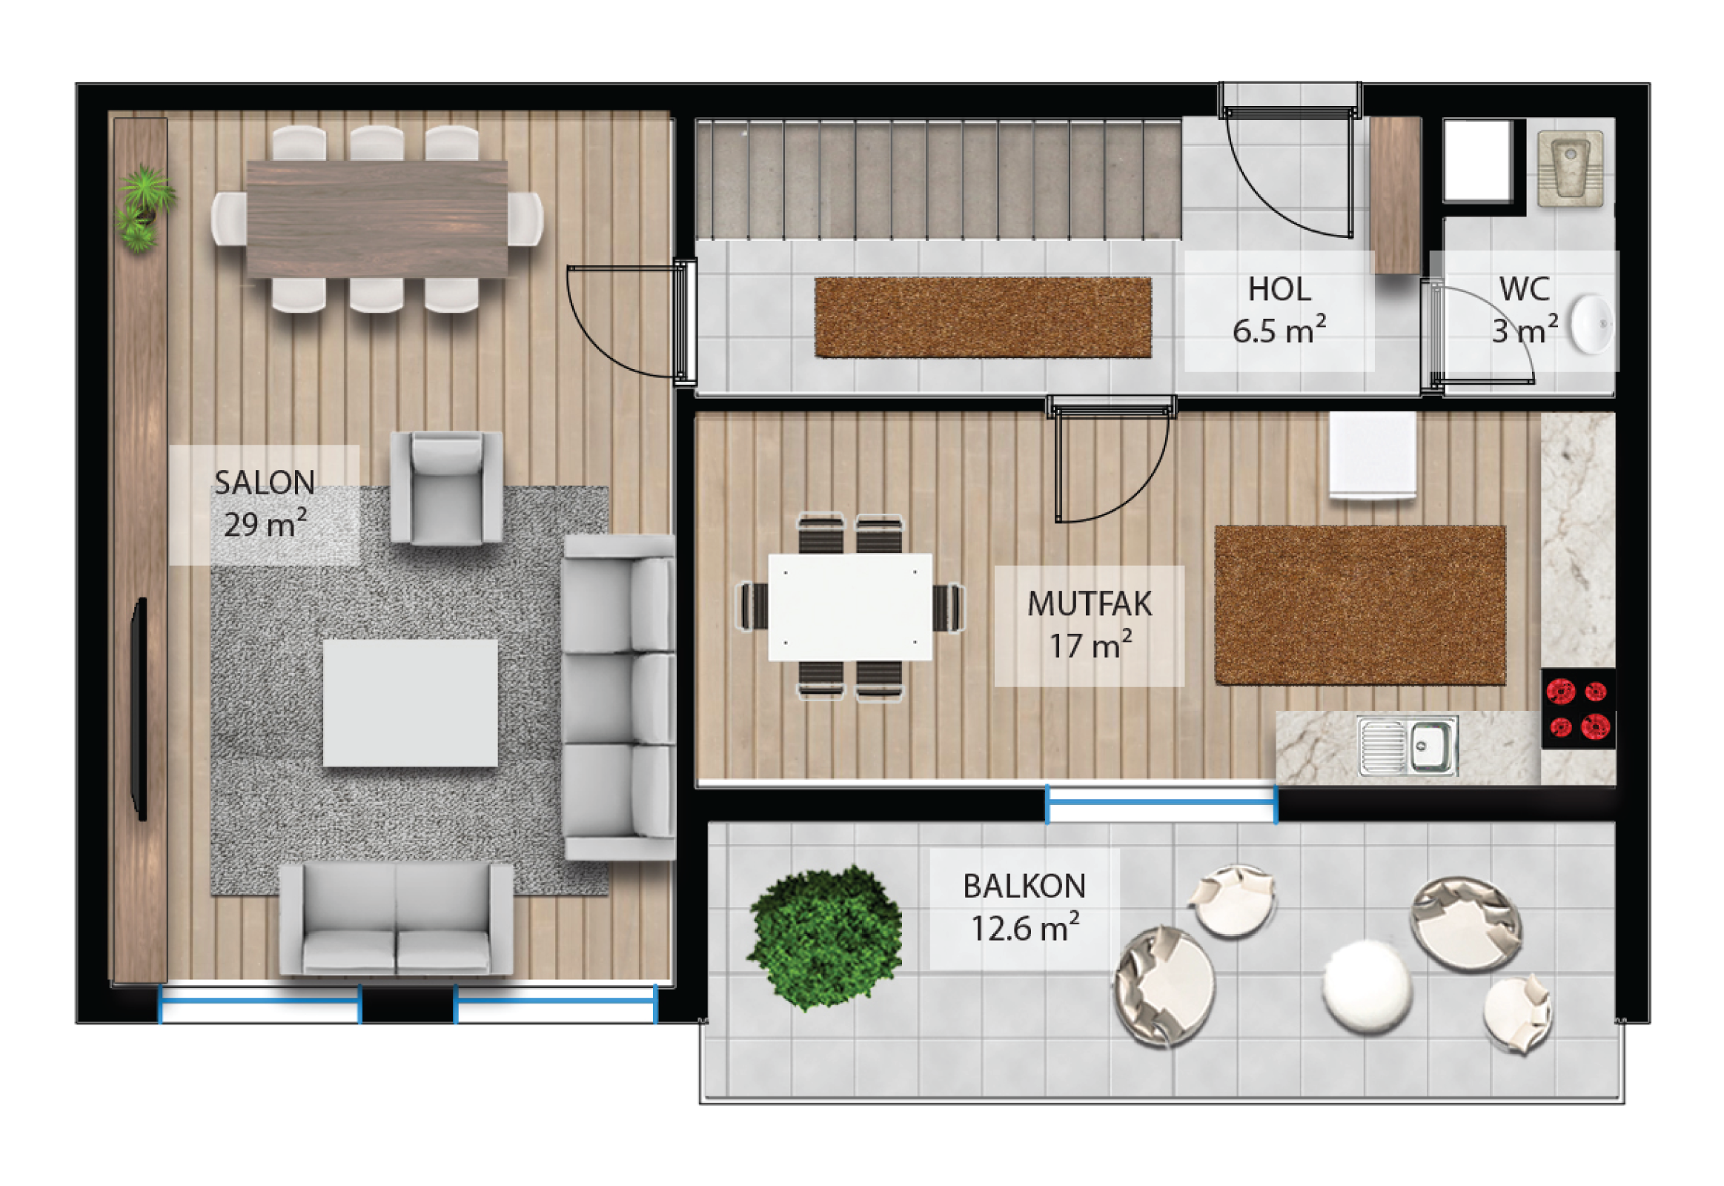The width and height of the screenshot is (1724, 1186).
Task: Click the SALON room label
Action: pyautogui.click(x=265, y=483)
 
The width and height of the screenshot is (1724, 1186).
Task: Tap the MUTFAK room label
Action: pyautogui.click(x=1089, y=603)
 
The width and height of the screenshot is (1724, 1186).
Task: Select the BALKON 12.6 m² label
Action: pyautogui.click(x=1024, y=907)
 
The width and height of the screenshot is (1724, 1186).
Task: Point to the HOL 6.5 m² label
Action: pyautogui.click(x=1279, y=310)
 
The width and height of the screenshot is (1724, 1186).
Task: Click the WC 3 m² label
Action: pyautogui.click(x=1524, y=310)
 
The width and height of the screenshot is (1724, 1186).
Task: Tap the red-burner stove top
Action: pyautogui.click(x=1577, y=708)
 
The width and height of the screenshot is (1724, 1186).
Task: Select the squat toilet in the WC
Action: pyautogui.click(x=1570, y=168)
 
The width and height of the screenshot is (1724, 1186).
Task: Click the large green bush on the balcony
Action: pyautogui.click(x=825, y=937)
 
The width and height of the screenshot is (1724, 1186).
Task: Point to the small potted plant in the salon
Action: pyautogui.click(x=145, y=208)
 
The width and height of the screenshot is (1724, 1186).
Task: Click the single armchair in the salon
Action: pyautogui.click(x=446, y=488)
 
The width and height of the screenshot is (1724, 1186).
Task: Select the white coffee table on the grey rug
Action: pyautogui.click(x=410, y=703)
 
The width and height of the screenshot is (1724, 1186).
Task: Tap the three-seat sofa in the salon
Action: pyautogui.click(x=618, y=697)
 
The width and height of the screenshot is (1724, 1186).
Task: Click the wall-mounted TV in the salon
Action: pyautogui.click(x=139, y=709)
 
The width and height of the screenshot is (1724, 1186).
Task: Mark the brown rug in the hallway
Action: pyautogui.click(x=982, y=317)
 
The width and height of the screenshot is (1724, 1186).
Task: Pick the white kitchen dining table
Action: pyautogui.click(x=850, y=606)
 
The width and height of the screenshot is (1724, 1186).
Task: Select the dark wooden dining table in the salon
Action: pyautogui.click(x=377, y=219)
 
